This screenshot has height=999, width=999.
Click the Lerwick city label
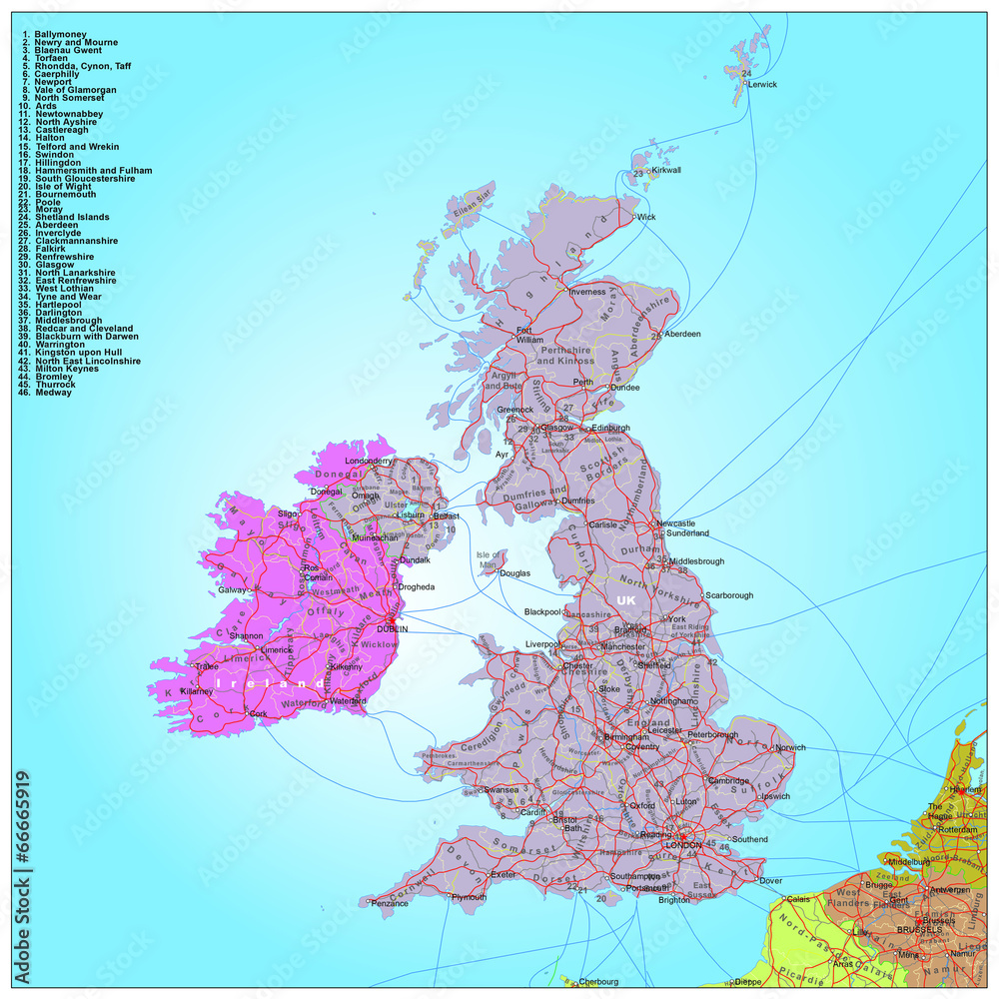click(x=763, y=85)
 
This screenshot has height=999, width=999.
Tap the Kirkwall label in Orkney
click(x=666, y=171)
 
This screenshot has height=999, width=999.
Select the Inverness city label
click(x=587, y=292)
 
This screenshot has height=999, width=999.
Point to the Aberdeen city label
click(x=682, y=334)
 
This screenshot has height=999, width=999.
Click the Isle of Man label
click(x=489, y=558)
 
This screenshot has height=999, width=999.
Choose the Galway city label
click(x=232, y=589)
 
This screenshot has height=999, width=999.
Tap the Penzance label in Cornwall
click(x=390, y=903)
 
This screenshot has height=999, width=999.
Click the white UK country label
click(x=626, y=599)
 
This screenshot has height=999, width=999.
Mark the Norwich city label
click(x=790, y=747)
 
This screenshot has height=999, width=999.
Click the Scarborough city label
click(x=729, y=595)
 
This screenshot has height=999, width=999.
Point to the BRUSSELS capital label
click(x=919, y=930)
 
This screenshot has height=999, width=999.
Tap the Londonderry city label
click(x=369, y=461)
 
